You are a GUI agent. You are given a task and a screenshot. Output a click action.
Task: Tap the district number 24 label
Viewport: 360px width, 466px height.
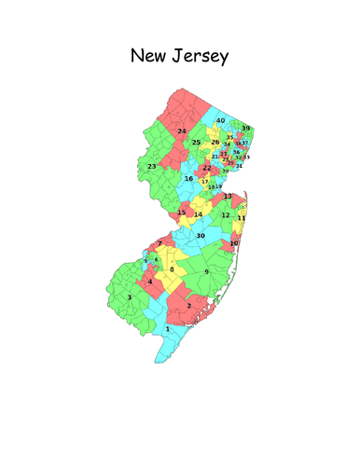183,131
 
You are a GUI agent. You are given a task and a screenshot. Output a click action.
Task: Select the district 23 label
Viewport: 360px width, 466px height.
152,166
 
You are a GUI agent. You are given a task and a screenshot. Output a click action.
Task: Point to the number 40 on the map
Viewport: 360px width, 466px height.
221,121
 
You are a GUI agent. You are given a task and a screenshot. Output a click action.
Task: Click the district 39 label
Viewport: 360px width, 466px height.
246,128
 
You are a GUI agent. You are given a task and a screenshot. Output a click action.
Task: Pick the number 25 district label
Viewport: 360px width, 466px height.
197,142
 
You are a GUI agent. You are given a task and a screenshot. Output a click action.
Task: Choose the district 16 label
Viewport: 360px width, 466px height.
188,178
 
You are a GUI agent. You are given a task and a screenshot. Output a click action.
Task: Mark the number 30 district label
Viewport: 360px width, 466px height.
200,236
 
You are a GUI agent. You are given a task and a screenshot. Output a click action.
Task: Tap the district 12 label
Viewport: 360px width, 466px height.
225,215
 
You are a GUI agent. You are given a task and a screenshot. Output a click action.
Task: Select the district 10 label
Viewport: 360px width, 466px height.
234,243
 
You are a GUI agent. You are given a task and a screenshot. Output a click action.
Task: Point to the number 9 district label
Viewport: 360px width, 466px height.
206,271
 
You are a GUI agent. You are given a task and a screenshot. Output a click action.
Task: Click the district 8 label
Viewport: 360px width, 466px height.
172,269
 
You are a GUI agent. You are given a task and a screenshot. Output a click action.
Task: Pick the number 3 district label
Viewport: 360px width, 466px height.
130,297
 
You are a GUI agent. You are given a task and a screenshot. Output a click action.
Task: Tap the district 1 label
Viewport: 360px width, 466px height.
168,328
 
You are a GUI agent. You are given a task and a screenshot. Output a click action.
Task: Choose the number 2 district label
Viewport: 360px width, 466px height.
189,305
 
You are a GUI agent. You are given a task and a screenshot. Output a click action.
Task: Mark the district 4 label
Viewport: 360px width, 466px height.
149,281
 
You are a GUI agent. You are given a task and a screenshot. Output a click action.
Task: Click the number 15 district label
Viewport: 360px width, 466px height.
182,212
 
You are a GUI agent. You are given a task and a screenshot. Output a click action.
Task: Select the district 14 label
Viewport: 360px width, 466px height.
198,214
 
